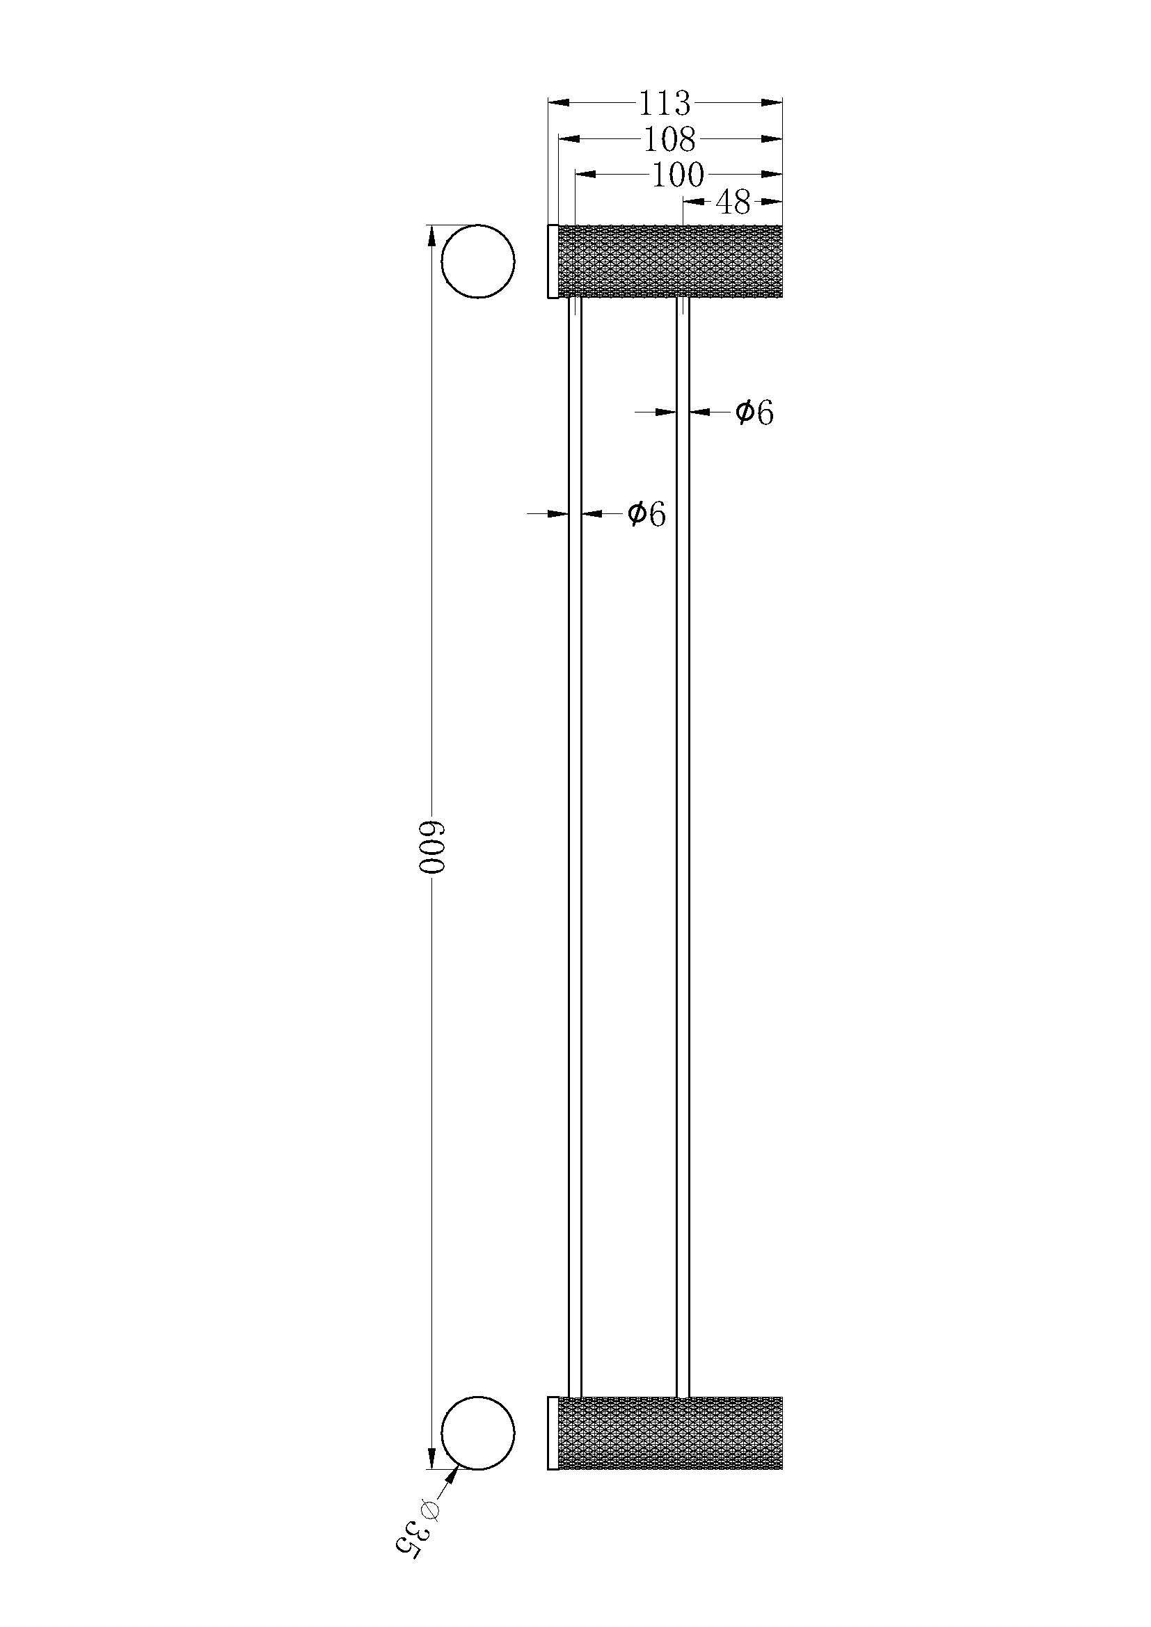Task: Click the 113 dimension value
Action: pyautogui.click(x=664, y=104)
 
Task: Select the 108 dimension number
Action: pyautogui.click(x=669, y=140)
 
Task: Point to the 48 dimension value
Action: pyautogui.click(x=733, y=202)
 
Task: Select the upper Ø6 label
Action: pyautogui.click(x=754, y=412)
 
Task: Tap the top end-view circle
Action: pyautogui.click(x=477, y=262)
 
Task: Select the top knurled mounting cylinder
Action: pyautogui.click(x=669, y=262)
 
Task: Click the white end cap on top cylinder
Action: pyautogui.click(x=553, y=262)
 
